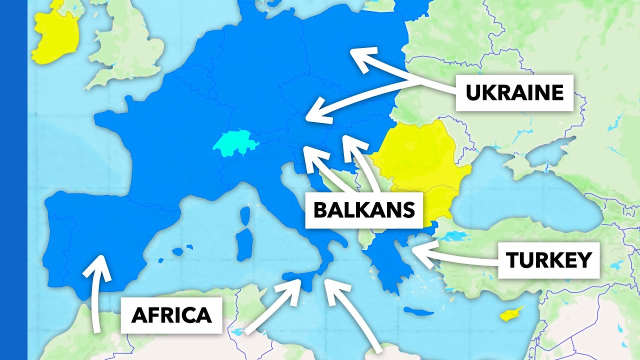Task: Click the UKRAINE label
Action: pos(514,93)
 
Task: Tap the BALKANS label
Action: pos(364,210)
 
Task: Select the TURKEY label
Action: pos(548,260)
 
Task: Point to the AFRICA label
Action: pos(171,315)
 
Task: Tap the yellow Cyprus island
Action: pos(512,314)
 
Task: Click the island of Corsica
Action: pos(245,215)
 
